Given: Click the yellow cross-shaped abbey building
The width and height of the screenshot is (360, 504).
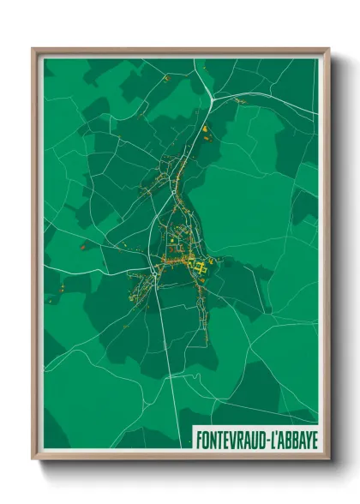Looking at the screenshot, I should pyautogui.click(x=202, y=269).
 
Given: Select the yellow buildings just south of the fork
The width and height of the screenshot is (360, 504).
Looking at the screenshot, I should pyautogui.click(x=206, y=132).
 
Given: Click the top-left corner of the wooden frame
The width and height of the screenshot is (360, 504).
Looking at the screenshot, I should pyautogui.click(x=33, y=49).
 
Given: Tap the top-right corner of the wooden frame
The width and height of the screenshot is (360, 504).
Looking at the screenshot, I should pyautogui.click(x=329, y=49).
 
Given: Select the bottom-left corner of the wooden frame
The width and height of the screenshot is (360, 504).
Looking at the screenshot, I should pyautogui.click(x=33, y=459).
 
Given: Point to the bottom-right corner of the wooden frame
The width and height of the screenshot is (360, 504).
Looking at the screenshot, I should pyautogui.click(x=329, y=459).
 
